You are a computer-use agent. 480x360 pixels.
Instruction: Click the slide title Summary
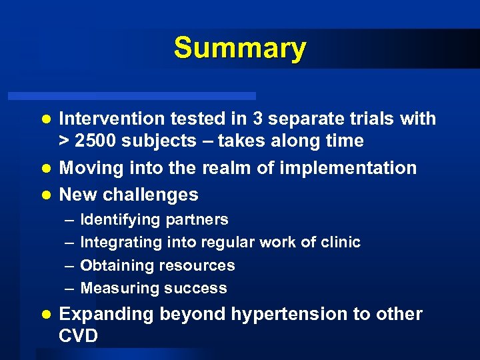coord(240,49)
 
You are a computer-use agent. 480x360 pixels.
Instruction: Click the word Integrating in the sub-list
coord(119,243)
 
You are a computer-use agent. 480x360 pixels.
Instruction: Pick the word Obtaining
coord(115,265)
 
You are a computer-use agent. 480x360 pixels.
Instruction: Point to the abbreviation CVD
coord(79,336)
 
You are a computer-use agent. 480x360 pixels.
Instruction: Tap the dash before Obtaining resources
coord(69,265)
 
